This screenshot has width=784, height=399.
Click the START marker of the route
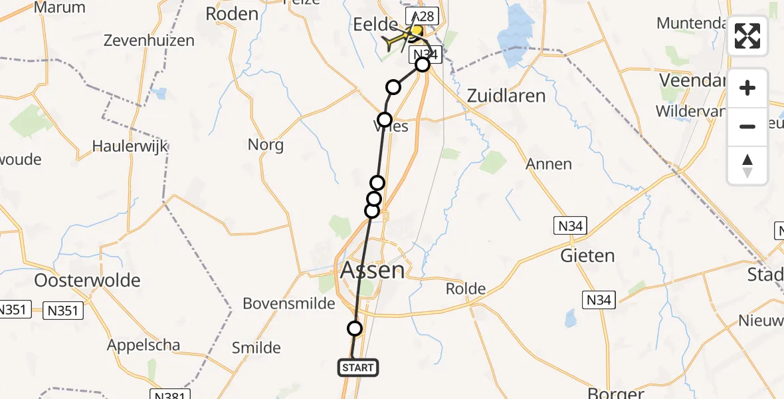pos(359,367)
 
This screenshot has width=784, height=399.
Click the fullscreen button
pos(747,36)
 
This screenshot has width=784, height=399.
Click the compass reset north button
pos(747,166)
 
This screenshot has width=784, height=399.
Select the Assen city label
pos(372,270)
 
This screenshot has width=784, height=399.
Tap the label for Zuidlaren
pos(506,96)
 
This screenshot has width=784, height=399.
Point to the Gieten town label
pos(587,255)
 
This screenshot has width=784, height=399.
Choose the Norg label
pos(266,144)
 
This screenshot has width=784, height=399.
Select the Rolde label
pos(466,289)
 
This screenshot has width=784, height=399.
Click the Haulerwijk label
pos(131,146)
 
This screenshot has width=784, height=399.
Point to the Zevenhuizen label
pos(149,41)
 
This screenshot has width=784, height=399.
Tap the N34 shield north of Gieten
pos(570,226)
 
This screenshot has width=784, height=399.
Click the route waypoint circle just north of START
pos(355,329)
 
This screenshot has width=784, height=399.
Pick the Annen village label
pos(549,164)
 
